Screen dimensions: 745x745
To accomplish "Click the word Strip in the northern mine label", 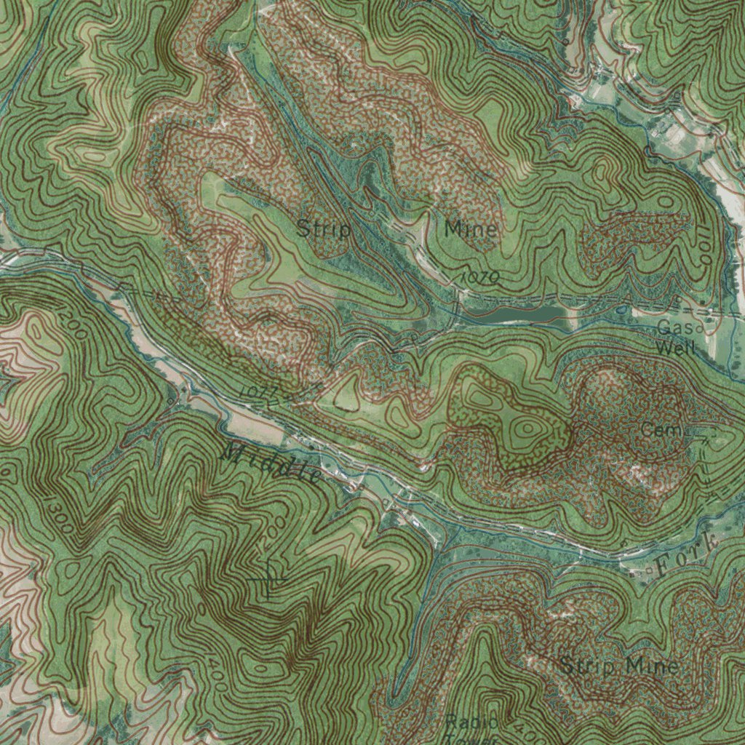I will pos(324,231).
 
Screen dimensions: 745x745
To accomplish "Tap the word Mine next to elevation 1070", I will pos(471,230).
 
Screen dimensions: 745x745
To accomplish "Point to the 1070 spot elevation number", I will pos(481,277).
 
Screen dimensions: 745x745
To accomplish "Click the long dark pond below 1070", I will pos(517,314).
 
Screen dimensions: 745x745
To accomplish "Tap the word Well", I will pos(675,348).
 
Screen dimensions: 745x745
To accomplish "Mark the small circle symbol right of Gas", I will pos(700,329).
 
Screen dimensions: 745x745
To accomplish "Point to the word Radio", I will pos(471,722).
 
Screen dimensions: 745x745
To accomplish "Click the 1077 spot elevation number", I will pos(258,393).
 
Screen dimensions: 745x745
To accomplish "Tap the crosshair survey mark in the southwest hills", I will pos(268,578).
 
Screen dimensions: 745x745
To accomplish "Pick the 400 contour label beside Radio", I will pos(514,725).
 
